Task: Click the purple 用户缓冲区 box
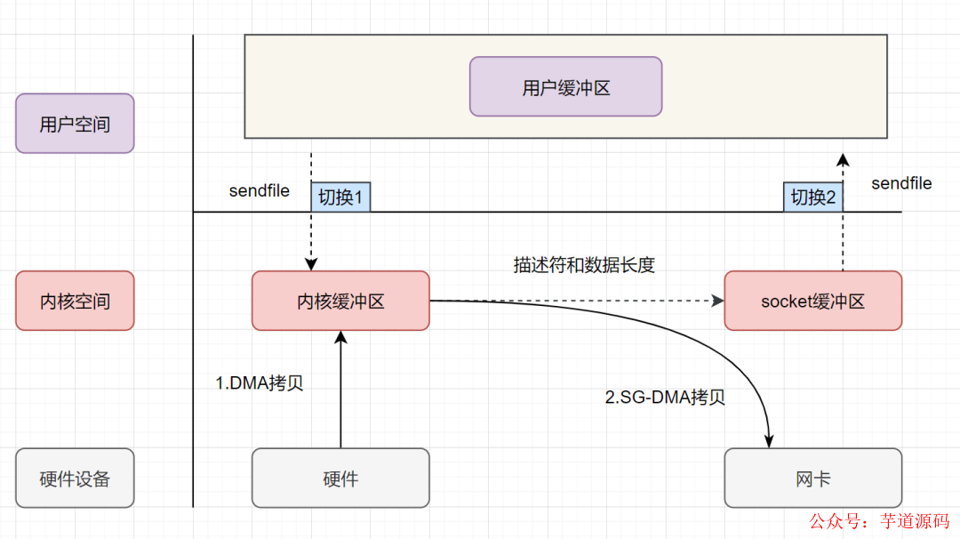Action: point(565,87)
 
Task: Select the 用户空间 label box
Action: point(75,124)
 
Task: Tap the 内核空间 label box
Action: point(75,301)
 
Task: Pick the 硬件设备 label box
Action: point(75,478)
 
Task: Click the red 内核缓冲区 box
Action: point(340,301)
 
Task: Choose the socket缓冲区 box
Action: point(812,301)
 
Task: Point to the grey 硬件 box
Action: point(340,478)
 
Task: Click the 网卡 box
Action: point(812,478)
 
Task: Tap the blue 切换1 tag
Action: point(340,197)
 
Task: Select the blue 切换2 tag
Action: point(812,197)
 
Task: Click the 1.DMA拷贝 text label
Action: point(260,383)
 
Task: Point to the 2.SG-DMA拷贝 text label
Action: point(665,398)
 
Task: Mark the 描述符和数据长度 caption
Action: point(583,265)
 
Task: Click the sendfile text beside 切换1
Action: point(259,191)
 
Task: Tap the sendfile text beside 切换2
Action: point(901,183)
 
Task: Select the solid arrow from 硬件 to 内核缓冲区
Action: point(340,391)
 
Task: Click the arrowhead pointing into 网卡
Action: point(769,440)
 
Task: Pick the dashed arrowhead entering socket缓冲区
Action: point(717,301)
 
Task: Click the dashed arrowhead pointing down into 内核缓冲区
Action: point(311,263)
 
